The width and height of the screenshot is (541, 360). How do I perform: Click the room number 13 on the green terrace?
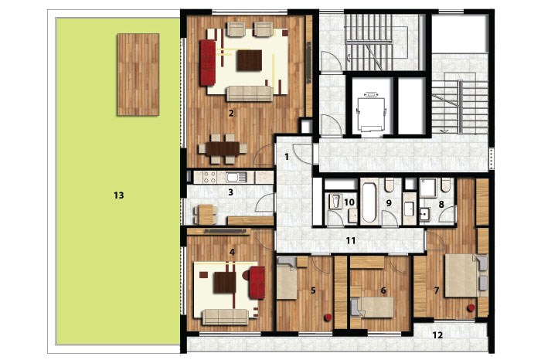[119, 195]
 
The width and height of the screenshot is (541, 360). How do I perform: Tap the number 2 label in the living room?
[231, 113]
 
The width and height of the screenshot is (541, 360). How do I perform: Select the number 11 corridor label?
[351, 240]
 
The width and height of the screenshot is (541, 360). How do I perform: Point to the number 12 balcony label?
[437, 335]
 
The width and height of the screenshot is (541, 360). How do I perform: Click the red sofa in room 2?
[208, 63]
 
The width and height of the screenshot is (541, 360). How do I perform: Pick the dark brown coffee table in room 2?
[249, 60]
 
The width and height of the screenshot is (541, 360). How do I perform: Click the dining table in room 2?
[223, 148]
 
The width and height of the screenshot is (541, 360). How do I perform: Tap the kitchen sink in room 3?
[236, 177]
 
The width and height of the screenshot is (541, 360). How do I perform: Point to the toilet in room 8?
[445, 185]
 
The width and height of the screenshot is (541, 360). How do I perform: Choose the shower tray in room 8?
[428, 188]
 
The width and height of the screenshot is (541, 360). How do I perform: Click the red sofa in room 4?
[257, 283]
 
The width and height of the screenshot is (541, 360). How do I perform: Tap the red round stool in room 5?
[328, 318]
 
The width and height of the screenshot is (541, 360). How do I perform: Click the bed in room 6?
[372, 307]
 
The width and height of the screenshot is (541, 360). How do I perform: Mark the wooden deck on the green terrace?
[138, 74]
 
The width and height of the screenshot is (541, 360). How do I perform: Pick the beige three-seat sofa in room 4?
[225, 317]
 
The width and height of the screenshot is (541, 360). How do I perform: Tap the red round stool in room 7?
[471, 308]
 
